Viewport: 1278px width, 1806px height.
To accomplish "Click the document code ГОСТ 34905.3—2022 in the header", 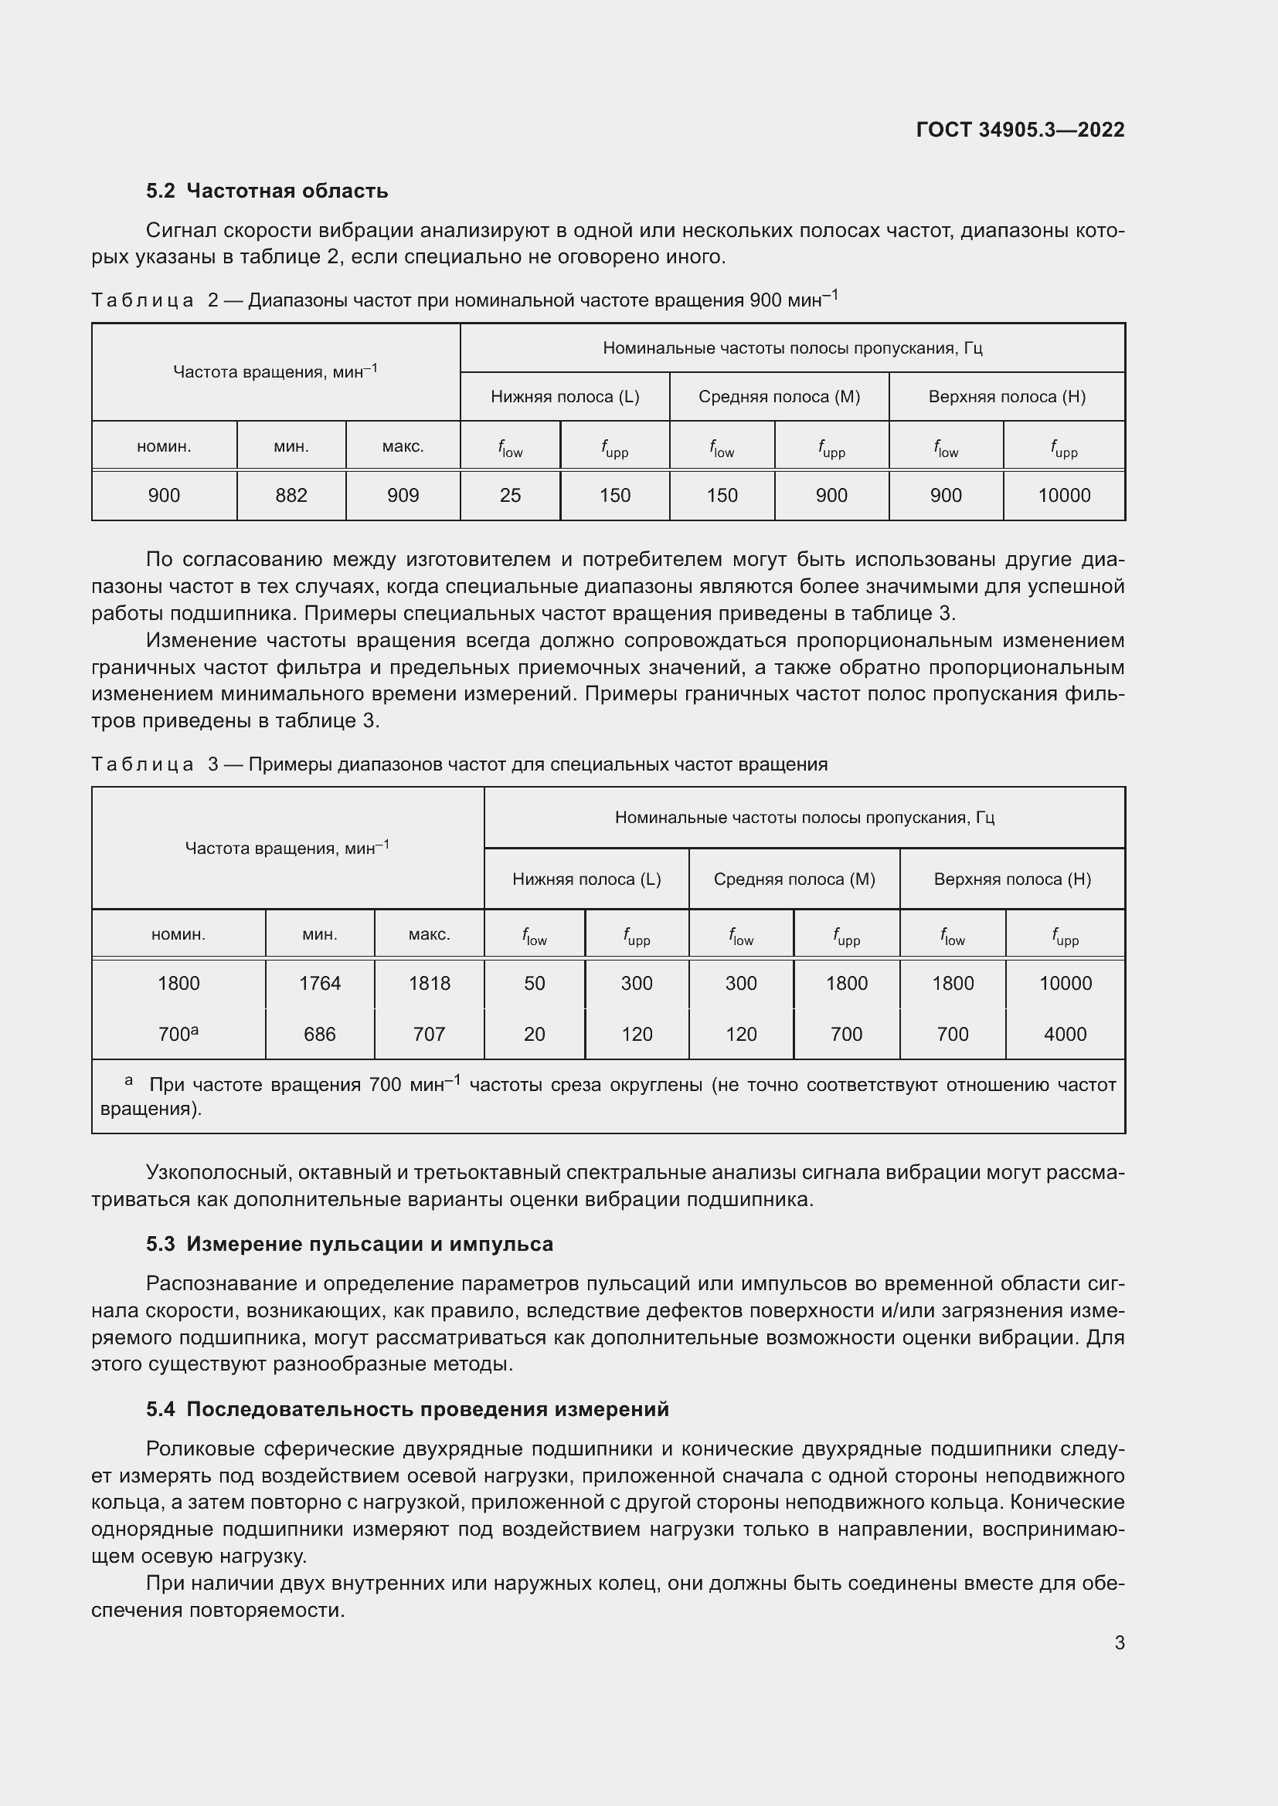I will pos(1020,130).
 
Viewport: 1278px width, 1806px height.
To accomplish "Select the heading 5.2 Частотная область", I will pos(267,191).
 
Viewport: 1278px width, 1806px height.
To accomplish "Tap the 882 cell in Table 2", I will pos(291,496).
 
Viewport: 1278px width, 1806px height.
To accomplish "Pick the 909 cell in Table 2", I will pos(403,496).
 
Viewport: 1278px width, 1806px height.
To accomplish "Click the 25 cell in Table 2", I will pos(510,496).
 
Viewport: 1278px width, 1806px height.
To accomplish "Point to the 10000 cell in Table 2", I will pos(1064,496).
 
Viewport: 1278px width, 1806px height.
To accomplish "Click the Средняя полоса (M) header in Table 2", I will pos(779,396).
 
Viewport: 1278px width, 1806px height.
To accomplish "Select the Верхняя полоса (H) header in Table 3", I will pos(1012,879).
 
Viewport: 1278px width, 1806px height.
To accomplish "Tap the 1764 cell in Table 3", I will pos(320,983).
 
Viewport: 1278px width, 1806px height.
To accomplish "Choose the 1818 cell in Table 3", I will pos(429,983).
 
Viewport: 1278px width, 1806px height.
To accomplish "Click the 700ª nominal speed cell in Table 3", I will pos(178,1034).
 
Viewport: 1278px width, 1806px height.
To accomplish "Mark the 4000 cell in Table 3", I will pos(1065,1034).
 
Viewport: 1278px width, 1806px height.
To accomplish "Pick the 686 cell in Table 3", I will pos(320,1034).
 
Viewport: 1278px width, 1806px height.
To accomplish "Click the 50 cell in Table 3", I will pos(535,983).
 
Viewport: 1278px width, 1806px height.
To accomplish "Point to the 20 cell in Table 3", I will pos(535,1034).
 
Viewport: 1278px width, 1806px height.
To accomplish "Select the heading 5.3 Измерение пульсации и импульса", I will pos(349,1244).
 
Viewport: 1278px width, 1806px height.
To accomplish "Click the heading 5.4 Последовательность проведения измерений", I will pos(407,1409).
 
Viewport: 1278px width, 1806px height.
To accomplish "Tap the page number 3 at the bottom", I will pos(1119,1642).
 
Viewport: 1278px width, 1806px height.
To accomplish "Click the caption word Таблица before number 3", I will pos(142,764).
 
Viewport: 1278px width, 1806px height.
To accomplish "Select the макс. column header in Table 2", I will pos(403,447).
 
